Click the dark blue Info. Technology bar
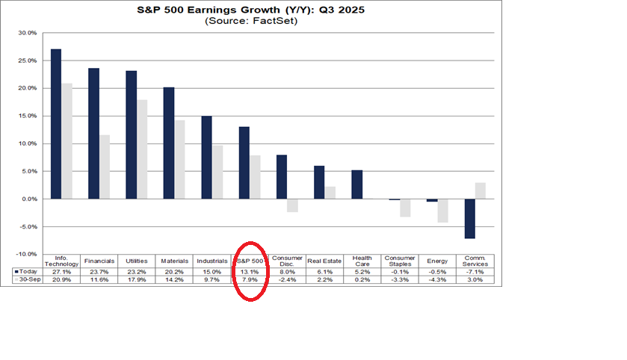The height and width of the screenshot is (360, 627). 56,124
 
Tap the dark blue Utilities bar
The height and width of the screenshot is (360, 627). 132,134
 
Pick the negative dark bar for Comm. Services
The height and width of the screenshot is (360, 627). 470,218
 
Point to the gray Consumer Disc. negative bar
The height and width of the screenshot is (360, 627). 292,205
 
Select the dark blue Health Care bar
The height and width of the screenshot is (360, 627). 356,184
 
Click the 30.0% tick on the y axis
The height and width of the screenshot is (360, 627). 28,33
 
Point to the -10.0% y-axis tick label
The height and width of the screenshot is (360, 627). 27,255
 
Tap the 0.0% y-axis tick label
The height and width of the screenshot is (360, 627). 29,199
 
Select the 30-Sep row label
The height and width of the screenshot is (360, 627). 28,280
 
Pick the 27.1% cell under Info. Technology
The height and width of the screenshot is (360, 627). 61,271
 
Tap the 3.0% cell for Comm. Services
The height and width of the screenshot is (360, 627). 475,280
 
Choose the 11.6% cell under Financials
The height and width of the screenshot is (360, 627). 99,280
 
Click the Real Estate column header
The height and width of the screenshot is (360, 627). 325,261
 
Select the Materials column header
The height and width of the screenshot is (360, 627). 174,261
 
